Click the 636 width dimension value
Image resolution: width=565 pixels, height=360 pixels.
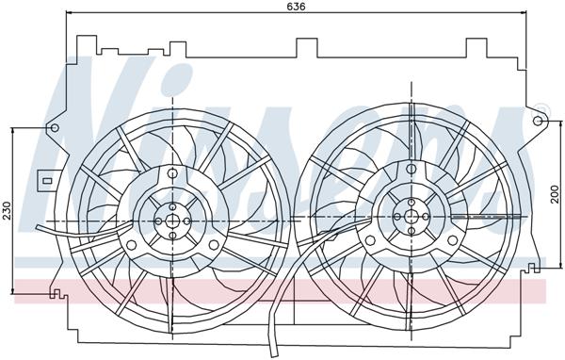(297, 7)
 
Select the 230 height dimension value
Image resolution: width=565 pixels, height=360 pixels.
(7, 209)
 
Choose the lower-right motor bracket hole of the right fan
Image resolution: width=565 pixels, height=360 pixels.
(454, 242)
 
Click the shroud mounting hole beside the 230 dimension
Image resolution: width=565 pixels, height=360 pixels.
(54, 127)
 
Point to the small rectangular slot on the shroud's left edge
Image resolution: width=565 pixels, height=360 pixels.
(43, 175)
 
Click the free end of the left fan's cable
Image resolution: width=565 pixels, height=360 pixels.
(34, 226)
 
